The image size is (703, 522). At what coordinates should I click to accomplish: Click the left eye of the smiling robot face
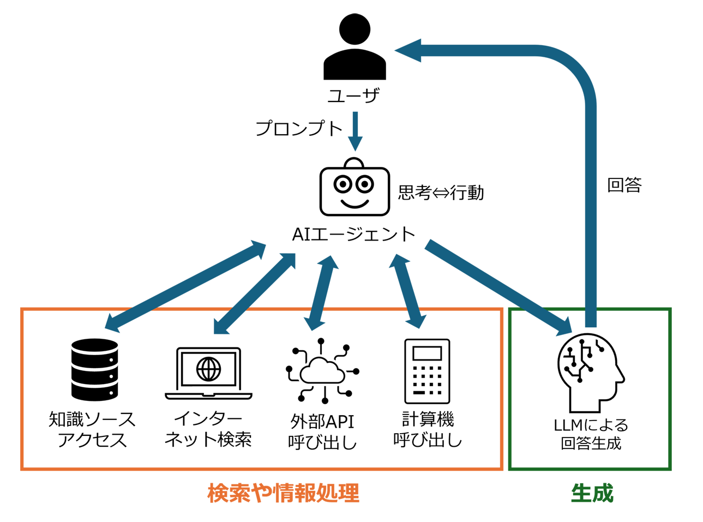click(x=343, y=184)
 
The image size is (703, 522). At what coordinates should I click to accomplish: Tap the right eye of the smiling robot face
click(x=365, y=184)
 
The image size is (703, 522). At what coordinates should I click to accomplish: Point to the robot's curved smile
click(x=354, y=204)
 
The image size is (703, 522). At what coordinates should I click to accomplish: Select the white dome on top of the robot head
click(x=354, y=164)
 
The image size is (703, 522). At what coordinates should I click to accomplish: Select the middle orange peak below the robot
click(x=364, y=297)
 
